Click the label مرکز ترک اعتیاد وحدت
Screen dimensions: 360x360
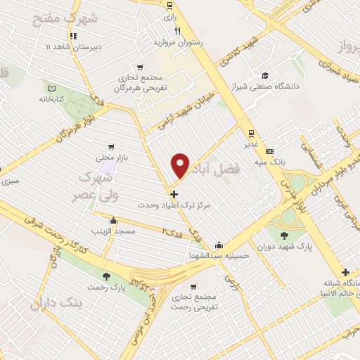174,204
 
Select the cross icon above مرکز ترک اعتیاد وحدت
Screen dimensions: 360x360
174,193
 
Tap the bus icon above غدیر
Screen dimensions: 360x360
250,133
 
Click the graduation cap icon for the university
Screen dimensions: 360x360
264,76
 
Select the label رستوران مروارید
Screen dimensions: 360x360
179,42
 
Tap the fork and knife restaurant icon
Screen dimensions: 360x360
178,31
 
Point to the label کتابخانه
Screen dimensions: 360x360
51,99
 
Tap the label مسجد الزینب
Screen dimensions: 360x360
110,231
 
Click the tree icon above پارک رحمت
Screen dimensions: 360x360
106,276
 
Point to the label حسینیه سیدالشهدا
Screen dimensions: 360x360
220,256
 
